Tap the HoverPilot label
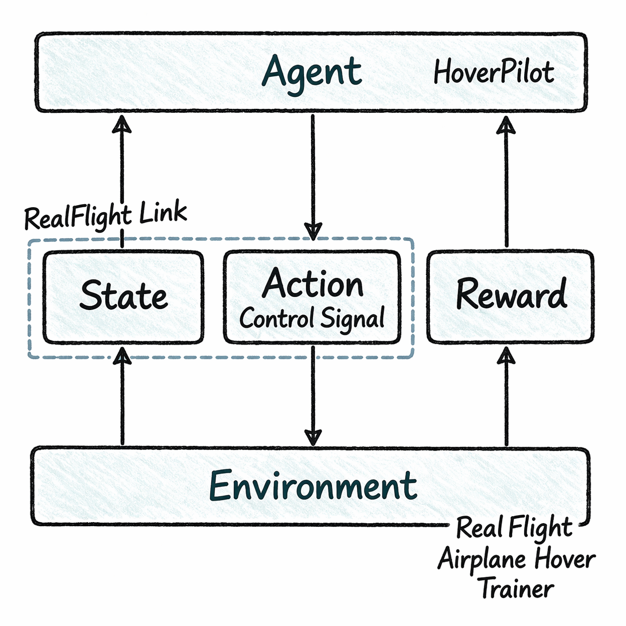pos(493,72)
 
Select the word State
pos(123,296)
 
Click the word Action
pos(313,284)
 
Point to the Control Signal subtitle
pos(312,318)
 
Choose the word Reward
pos(511,295)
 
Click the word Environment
pos(313,486)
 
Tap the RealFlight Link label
pos(106,216)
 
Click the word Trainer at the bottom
pos(517,589)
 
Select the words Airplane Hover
pos(517,559)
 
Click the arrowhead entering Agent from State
pos(122,124)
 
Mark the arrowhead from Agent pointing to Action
pos(313,231)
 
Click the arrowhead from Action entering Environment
pos(313,437)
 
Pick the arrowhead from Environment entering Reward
pos(506,355)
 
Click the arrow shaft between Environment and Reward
pos(506,404)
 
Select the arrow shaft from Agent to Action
pos(313,170)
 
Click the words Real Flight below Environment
pos(514,528)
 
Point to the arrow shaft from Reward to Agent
pos(506,190)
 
